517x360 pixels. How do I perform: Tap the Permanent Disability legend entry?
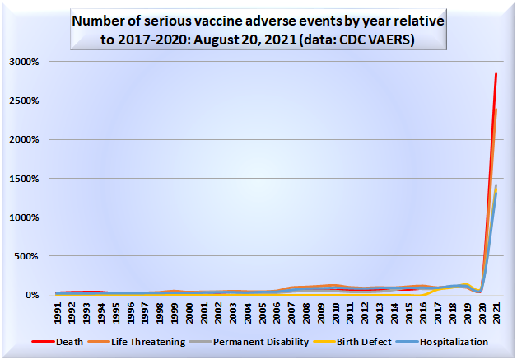[257, 341]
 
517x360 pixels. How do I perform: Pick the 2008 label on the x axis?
[307, 314]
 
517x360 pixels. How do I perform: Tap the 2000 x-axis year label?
[190, 314]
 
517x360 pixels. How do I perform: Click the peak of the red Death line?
[496, 74]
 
